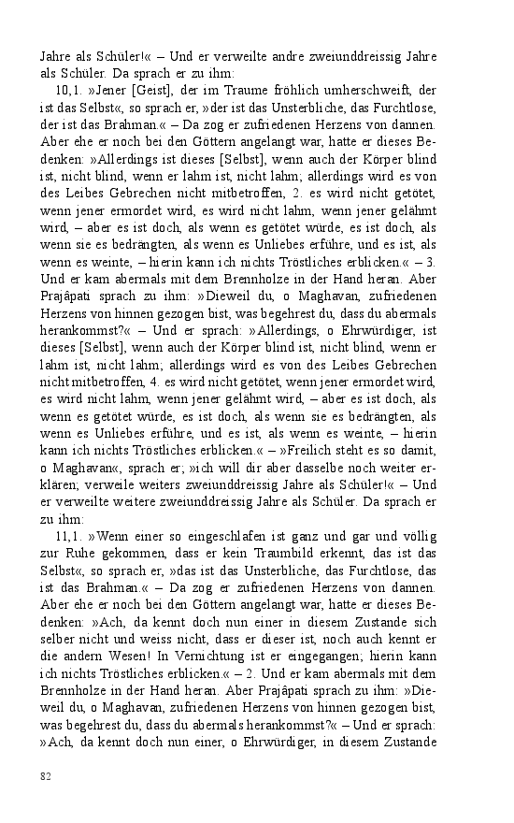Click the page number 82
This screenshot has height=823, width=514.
coord(45,775)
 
